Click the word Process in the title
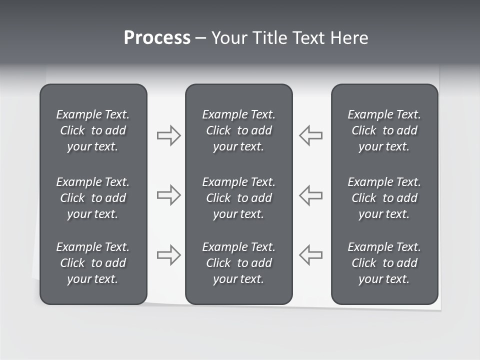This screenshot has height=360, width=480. click(157, 38)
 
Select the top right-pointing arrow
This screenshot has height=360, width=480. click(168, 135)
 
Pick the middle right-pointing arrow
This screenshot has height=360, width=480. click(168, 195)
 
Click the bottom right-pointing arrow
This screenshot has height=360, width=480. click(168, 255)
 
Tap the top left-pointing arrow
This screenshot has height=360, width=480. click(310, 135)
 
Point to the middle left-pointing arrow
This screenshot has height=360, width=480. click(310, 195)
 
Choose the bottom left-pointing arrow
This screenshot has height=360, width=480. click(310, 255)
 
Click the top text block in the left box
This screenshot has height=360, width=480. click(93, 130)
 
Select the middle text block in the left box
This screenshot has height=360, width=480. click(93, 198)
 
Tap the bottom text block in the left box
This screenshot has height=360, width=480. click(93, 263)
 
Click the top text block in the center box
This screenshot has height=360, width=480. click(238, 130)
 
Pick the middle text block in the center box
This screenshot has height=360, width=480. click(238, 198)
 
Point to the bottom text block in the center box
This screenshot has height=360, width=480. click(238, 263)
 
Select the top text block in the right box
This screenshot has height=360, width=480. click(384, 130)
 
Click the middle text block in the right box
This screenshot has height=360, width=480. click(384, 198)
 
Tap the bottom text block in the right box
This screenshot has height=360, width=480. click(384, 263)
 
